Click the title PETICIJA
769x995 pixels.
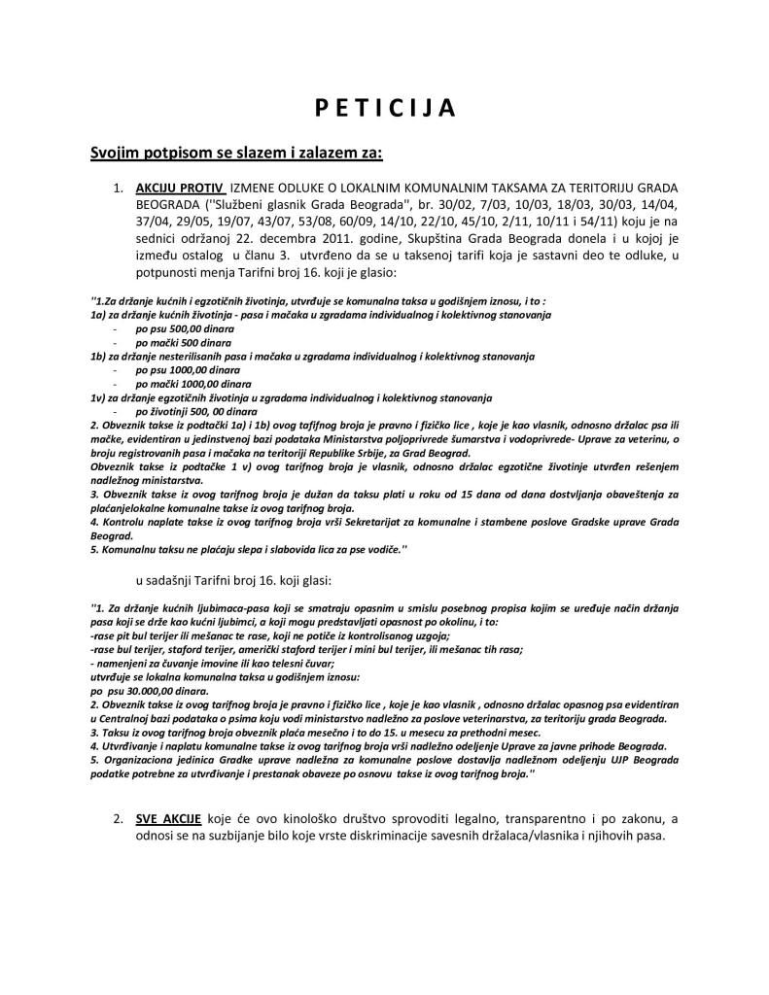385,108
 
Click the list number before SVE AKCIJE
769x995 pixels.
120,820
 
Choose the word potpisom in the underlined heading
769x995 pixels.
174,153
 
